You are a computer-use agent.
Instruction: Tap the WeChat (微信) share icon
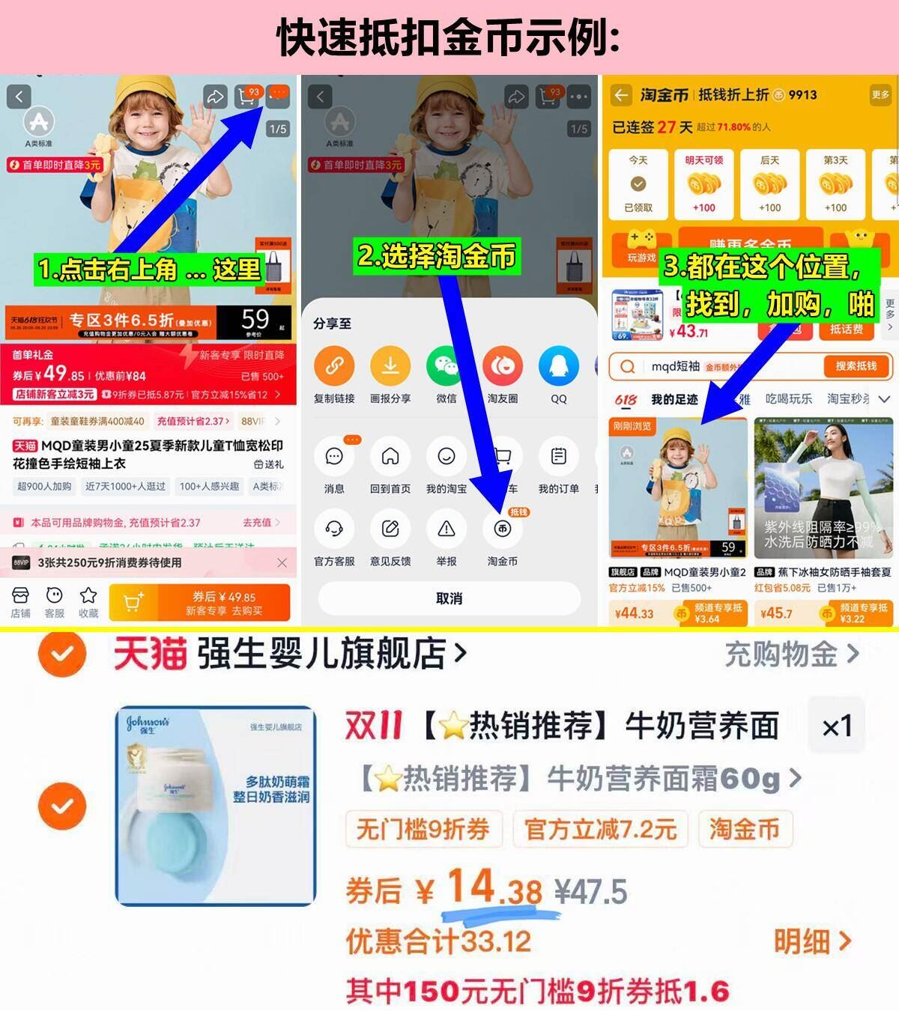tap(447, 366)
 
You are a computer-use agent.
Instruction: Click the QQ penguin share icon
tap(559, 366)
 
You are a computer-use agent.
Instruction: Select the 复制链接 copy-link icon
tap(334, 366)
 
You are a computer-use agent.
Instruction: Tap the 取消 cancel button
tap(449, 598)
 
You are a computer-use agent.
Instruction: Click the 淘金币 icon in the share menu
tap(502, 529)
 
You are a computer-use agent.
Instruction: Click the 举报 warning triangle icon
tap(447, 529)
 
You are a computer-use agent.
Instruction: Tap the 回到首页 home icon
tap(390, 456)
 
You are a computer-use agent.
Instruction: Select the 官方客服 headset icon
tap(334, 529)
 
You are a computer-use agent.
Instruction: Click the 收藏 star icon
tap(88, 596)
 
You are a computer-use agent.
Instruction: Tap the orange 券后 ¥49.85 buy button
tap(199, 603)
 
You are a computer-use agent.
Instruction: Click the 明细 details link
tap(812, 941)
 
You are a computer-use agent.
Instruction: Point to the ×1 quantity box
tap(836, 726)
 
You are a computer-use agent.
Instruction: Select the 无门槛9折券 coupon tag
tap(423, 829)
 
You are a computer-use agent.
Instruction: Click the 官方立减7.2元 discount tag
tap(600, 829)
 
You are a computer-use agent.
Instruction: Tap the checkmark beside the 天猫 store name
tap(62, 654)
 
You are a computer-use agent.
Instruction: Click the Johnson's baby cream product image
tap(216, 806)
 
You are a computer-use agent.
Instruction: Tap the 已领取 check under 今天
tap(638, 184)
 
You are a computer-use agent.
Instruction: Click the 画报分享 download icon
tap(390, 366)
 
